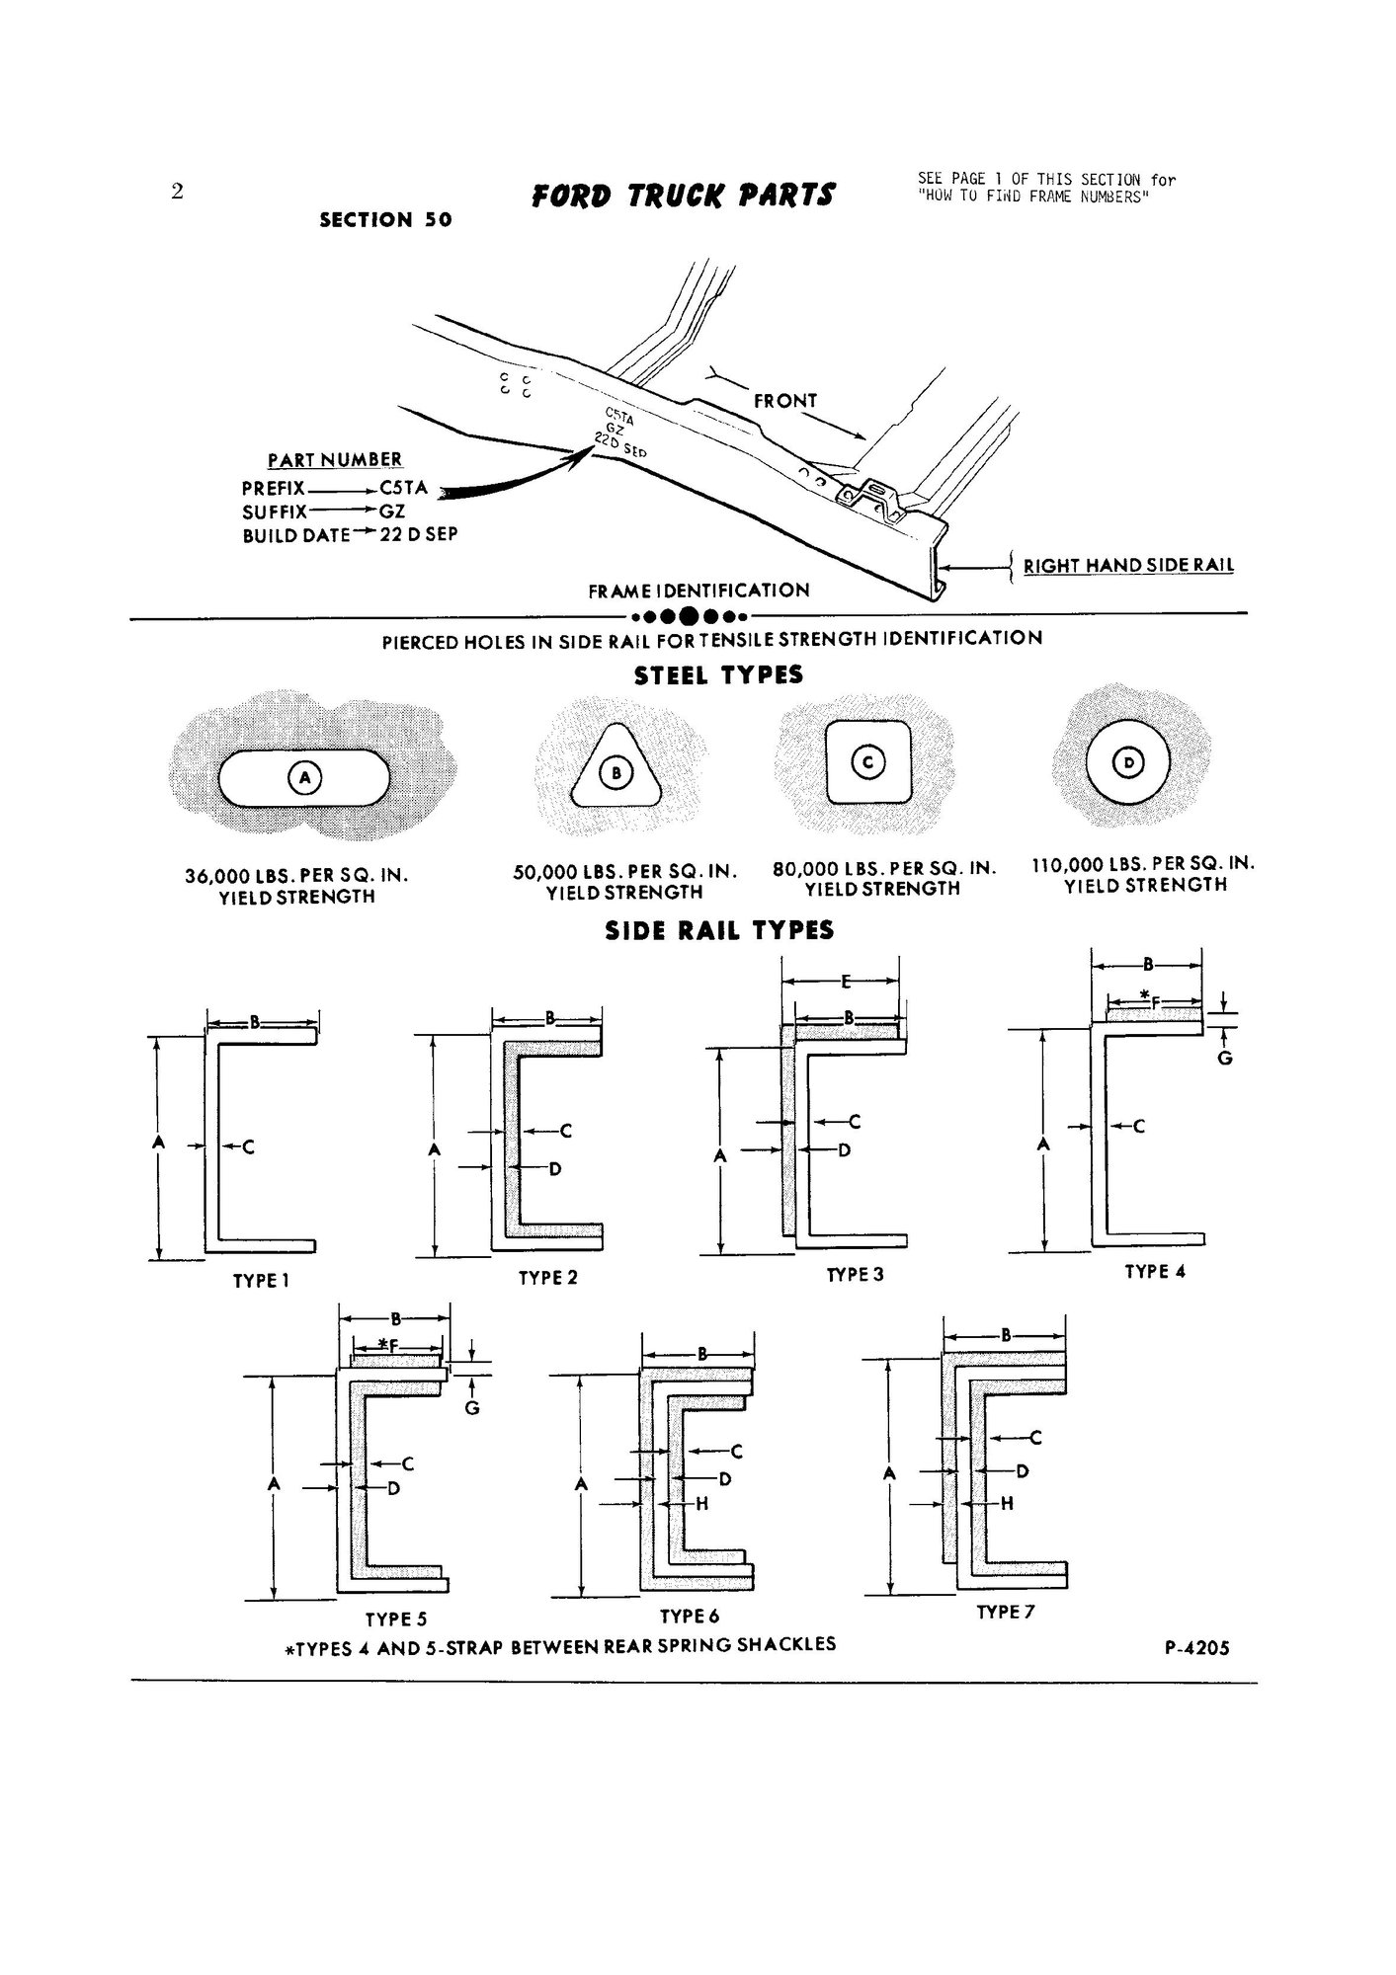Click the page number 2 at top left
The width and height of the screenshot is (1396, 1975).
click(177, 192)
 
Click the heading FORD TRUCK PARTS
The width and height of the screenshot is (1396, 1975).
click(683, 195)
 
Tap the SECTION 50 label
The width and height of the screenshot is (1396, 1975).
click(385, 220)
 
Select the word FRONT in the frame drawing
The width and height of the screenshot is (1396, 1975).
click(785, 401)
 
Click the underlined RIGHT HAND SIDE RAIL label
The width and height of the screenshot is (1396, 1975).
click(1128, 566)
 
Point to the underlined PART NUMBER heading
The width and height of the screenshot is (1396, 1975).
click(335, 460)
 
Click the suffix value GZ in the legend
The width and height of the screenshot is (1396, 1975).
click(392, 512)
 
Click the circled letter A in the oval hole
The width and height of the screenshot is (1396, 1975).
click(304, 779)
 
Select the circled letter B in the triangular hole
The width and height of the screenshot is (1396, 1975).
click(616, 773)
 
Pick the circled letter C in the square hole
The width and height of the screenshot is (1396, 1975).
click(868, 762)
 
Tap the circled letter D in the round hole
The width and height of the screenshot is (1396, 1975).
click(1127, 762)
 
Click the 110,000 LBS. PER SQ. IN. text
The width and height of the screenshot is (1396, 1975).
click(1143, 864)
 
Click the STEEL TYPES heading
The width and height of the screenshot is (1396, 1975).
click(718, 676)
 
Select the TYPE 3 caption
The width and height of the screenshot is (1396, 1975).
click(855, 1275)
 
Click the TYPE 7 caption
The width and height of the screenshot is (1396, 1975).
click(1005, 1612)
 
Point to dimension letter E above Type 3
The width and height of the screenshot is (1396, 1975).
click(846, 983)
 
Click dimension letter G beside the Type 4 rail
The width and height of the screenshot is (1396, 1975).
click(1224, 1059)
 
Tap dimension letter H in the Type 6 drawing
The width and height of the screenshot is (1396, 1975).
click(702, 1504)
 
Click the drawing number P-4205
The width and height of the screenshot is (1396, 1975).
click(1197, 1647)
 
